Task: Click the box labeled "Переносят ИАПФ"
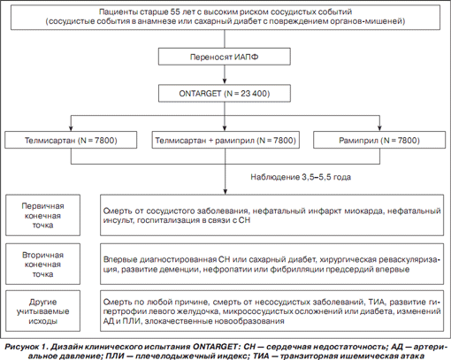[x=225, y=57]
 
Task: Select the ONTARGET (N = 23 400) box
[x=225, y=94]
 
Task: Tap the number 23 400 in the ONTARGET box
[x=254, y=94]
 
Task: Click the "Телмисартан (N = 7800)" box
[x=71, y=140]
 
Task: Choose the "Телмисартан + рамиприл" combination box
[x=225, y=140]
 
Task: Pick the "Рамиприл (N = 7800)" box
[x=379, y=140]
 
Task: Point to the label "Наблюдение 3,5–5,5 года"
[x=301, y=177]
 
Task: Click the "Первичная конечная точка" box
[x=42, y=215]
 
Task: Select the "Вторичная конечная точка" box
[x=42, y=264]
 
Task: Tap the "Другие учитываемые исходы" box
[x=42, y=311]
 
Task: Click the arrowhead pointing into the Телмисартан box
[x=71, y=128]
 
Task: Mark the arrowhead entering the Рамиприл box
[x=379, y=128]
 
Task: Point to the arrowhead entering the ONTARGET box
[x=225, y=81]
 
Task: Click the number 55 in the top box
[x=175, y=11]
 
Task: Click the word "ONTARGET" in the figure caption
[x=215, y=347]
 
